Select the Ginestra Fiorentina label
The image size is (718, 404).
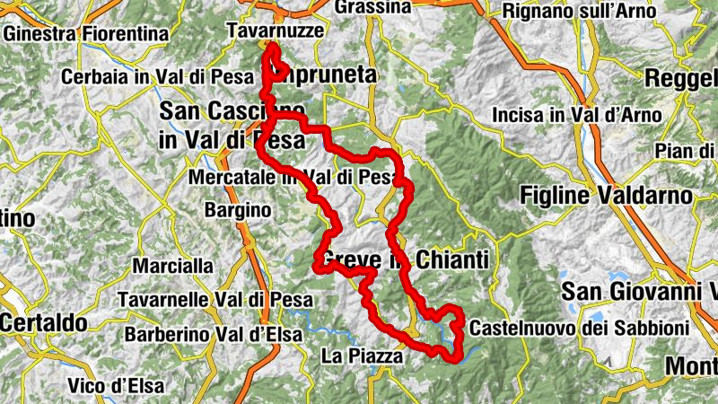pyautogui.click(x=86, y=33)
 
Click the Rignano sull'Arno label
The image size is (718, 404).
pyautogui.click(x=587, y=11)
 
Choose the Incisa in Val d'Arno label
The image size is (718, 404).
pyautogui.click(x=576, y=115)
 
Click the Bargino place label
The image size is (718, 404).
pyautogui.click(x=238, y=209)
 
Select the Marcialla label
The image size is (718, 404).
pyautogui.click(x=173, y=266)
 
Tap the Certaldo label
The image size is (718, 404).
pyautogui.click(x=43, y=321)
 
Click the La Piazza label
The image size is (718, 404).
pyautogui.click(x=362, y=356)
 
